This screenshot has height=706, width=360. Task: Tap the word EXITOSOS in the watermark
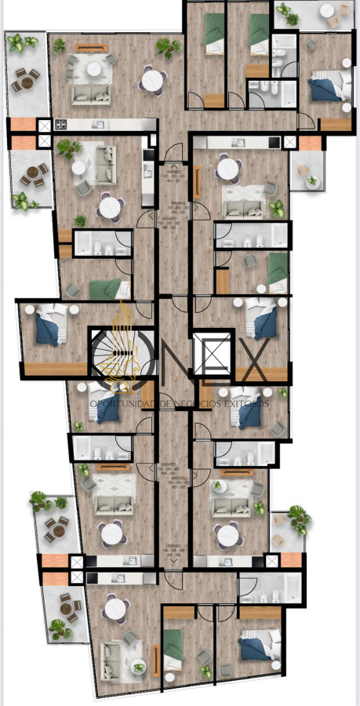click(x=246, y=403)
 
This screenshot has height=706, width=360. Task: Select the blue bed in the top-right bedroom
click(x=322, y=87)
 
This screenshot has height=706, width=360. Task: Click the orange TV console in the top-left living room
click(x=92, y=47)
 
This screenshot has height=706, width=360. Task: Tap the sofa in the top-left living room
click(x=93, y=92)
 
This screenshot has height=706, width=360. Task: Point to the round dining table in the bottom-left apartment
click(x=118, y=606)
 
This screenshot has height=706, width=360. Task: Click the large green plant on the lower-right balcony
click(x=298, y=518)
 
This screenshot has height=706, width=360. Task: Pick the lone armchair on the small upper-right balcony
click(x=312, y=182)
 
